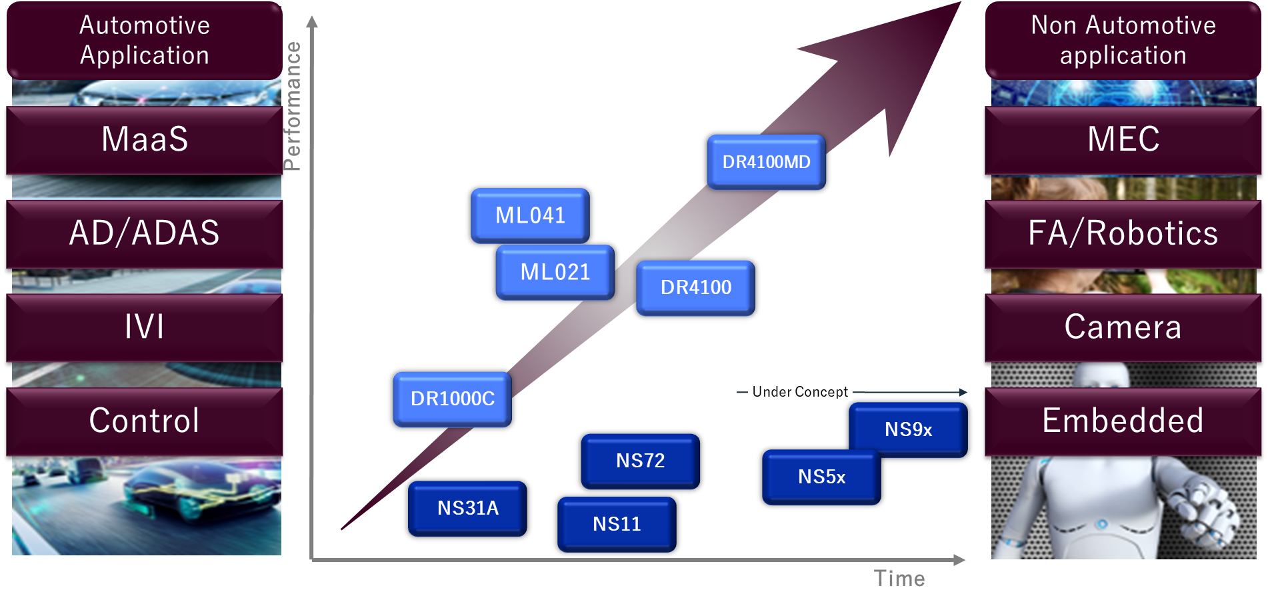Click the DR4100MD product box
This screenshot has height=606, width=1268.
coord(766,162)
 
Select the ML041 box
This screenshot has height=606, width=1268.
coord(530,215)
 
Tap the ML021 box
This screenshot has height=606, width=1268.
coord(555,272)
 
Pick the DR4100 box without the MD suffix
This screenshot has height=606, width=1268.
coord(695,287)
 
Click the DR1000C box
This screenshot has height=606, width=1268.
coord(452,399)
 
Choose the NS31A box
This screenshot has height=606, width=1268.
coord(467,508)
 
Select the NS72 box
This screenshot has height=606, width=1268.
coord(640,461)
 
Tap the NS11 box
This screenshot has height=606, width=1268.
coord(617,524)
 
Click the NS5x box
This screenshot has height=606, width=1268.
coord(821,477)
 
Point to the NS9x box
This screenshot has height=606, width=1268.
coord(908,429)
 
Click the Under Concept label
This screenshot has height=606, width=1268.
coord(799,392)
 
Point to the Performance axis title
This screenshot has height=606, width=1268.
coord(292,106)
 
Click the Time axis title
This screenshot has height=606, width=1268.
coord(899,578)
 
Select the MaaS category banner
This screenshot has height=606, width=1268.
coord(145,139)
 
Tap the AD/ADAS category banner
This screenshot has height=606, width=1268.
coord(145,233)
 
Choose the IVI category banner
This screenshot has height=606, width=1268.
coord(145,327)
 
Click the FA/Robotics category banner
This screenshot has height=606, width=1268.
coord(1123,233)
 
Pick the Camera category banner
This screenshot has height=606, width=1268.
coord(1123,327)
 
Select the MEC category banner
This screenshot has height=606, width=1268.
coord(1123,139)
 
